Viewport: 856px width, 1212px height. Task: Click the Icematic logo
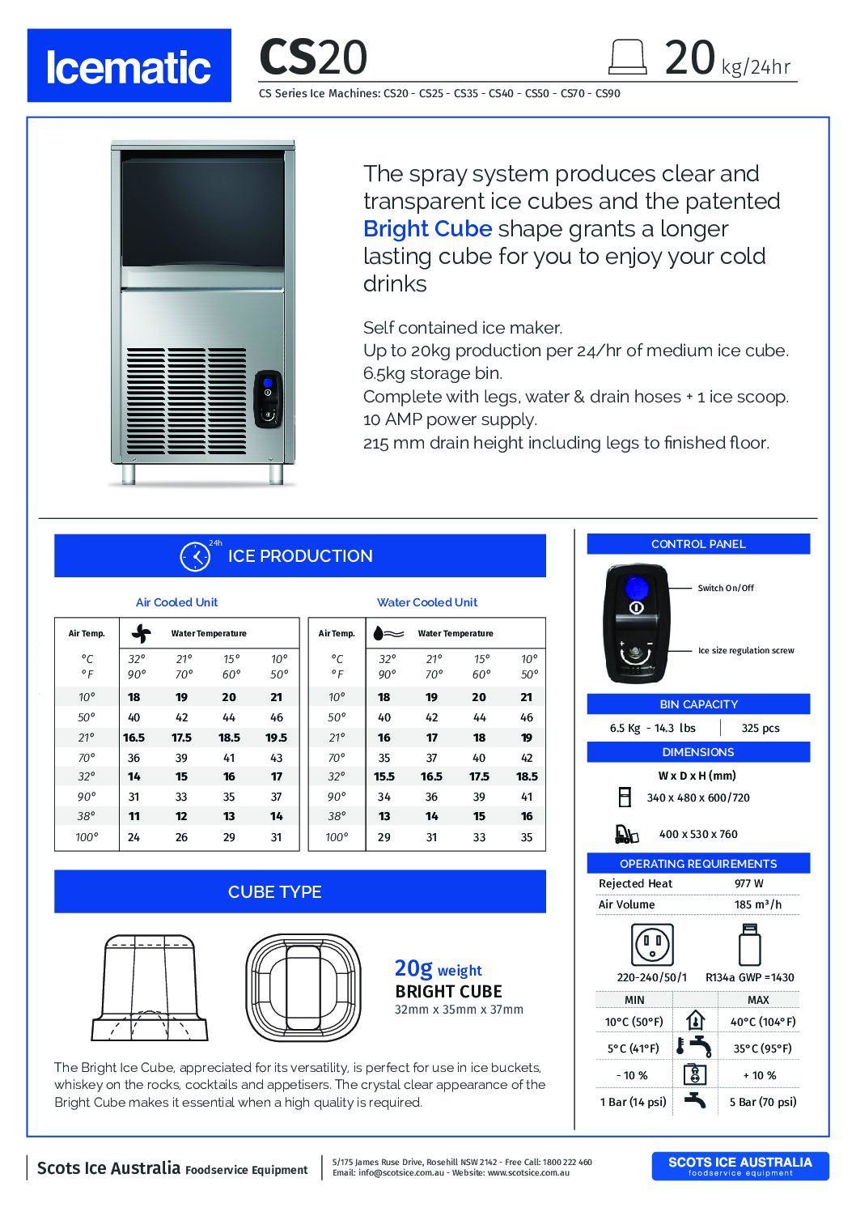129,66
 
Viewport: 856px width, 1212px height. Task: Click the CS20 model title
312,57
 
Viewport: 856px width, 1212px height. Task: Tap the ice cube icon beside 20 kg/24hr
628,56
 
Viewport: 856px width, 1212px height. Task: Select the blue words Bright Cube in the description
427,229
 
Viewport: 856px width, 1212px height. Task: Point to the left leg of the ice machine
129,474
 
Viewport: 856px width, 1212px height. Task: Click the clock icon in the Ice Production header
193,556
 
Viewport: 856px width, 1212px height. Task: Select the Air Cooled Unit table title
176,602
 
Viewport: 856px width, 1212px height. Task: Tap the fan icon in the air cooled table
141,633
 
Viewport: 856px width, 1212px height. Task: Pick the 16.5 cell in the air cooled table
133,738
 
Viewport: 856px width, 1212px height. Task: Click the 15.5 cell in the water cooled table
384,776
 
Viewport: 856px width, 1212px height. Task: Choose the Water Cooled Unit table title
427,602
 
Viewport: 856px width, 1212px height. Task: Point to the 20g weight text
438,968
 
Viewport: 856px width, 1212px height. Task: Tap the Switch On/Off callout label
726,588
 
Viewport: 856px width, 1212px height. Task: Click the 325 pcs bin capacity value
761,728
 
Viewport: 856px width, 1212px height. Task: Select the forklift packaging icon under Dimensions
625,833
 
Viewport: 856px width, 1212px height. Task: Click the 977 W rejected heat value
749,883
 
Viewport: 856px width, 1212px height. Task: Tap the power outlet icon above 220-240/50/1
652,943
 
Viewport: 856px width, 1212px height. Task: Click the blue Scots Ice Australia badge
739,1165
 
